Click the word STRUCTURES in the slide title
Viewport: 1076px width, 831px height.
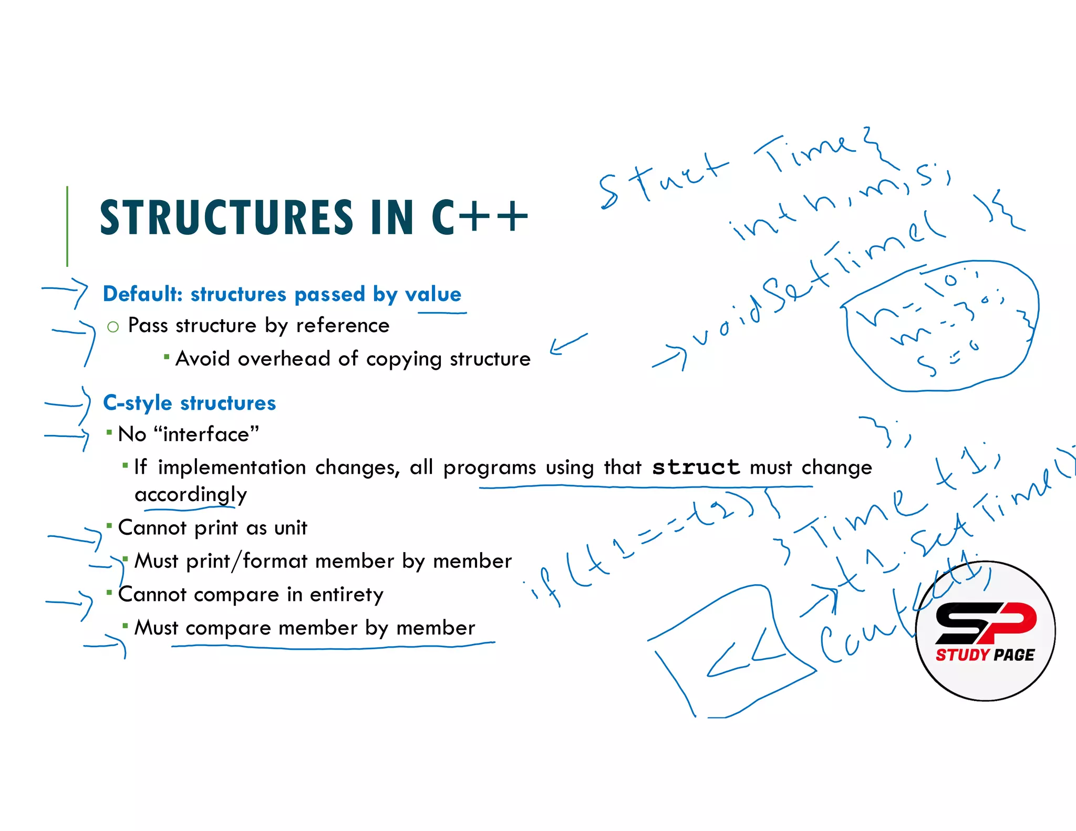226,217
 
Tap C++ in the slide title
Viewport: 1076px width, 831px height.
479,217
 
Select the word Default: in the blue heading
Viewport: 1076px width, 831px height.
142,294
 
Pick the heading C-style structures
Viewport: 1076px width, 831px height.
189,403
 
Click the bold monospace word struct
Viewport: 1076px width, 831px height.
696,467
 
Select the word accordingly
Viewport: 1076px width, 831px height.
191,495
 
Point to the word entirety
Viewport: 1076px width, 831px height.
347,595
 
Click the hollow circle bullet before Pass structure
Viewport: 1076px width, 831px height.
113,327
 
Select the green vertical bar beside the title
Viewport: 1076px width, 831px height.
67,226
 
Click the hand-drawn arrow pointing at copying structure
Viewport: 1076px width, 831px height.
568,344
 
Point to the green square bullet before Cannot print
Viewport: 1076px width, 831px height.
109,525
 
